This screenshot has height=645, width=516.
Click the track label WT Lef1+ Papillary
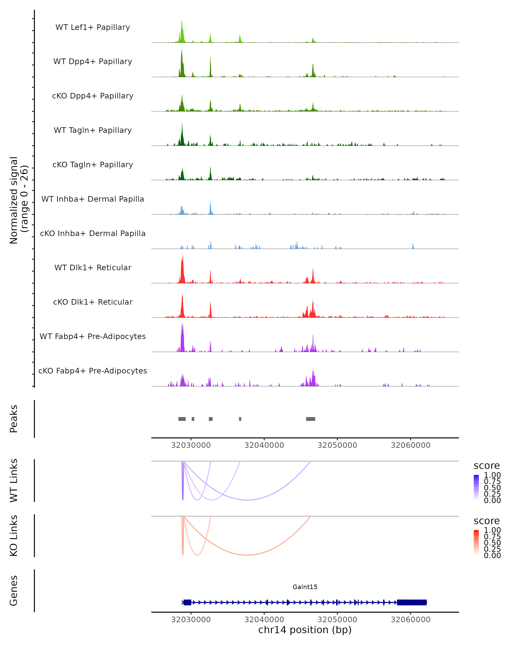[x=93, y=27]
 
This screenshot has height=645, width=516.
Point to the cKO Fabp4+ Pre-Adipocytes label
[x=93, y=371]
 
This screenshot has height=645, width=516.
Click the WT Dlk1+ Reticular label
[x=93, y=267]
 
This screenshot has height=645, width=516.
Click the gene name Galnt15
[x=305, y=587]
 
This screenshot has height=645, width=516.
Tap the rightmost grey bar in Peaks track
[x=310, y=419]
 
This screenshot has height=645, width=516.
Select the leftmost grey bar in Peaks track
[x=182, y=419]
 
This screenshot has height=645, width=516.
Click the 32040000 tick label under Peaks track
[x=264, y=445]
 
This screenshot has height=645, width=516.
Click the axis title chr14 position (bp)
[x=305, y=630]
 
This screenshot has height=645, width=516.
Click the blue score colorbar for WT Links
[x=476, y=487]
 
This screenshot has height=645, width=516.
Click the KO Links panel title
[x=14, y=536]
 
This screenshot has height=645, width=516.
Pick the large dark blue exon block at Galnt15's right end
[x=412, y=602]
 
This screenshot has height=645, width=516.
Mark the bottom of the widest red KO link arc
[x=247, y=555]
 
